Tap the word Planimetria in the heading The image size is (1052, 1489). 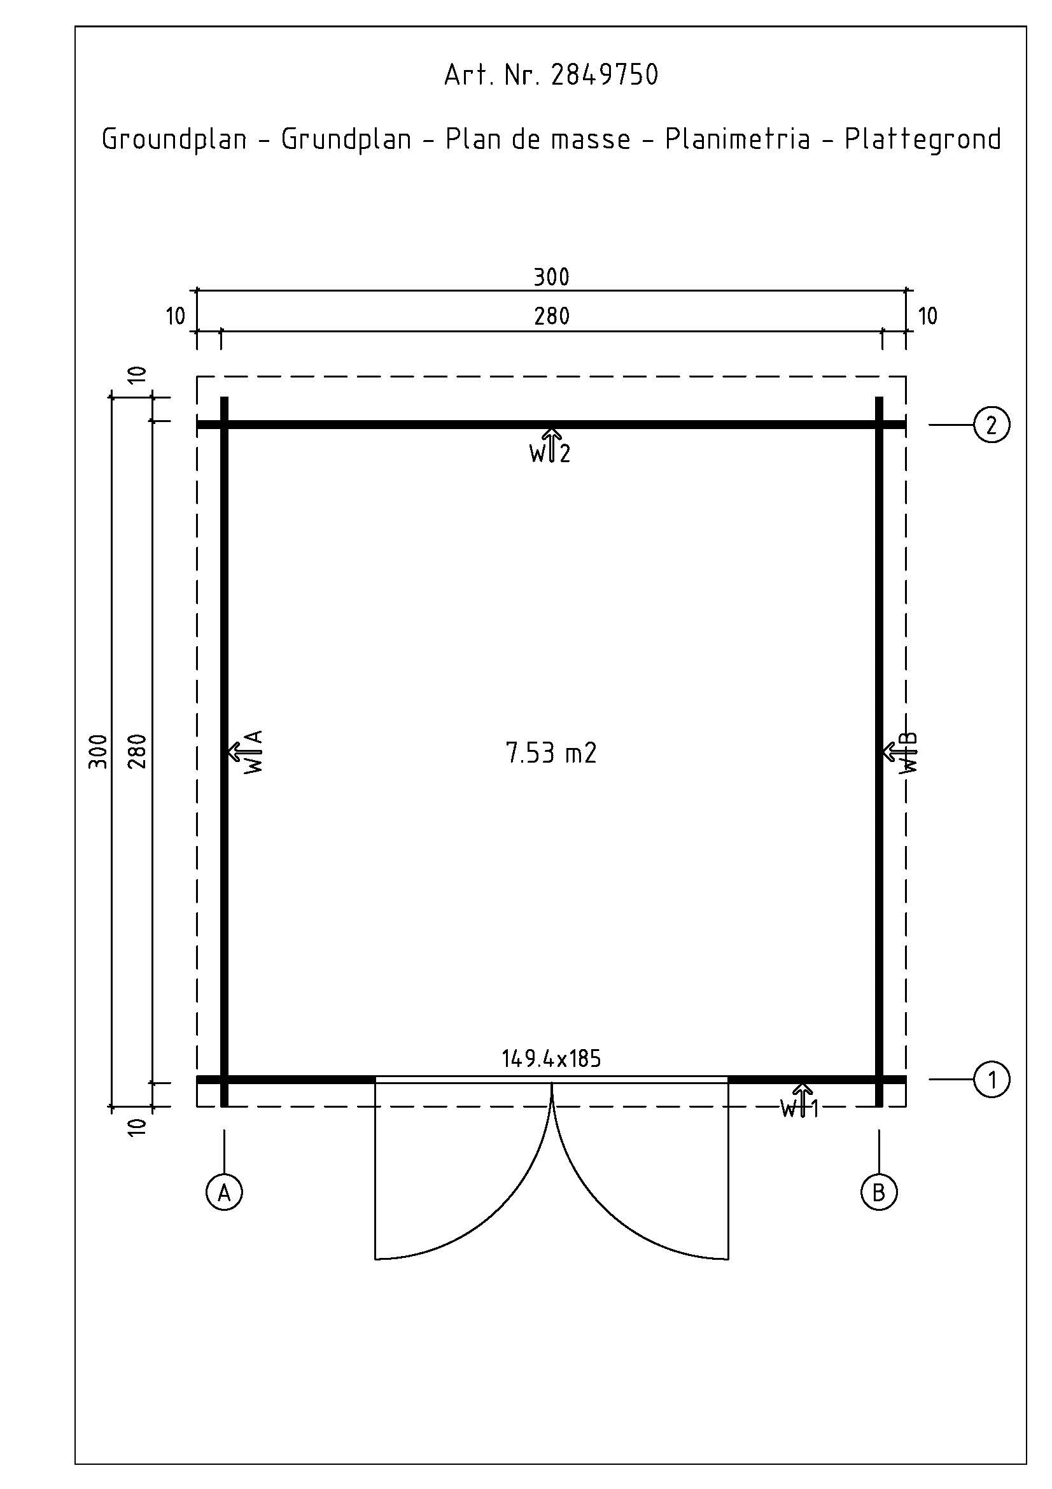[738, 139]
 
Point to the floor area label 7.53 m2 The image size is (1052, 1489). [551, 753]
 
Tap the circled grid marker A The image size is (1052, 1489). [224, 1192]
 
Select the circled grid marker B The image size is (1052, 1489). [879, 1192]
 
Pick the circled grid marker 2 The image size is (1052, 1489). [991, 425]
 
